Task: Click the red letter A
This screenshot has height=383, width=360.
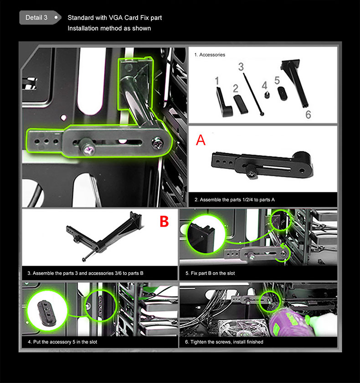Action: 201,140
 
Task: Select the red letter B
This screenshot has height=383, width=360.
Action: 164,221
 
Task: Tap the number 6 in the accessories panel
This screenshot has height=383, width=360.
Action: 308,114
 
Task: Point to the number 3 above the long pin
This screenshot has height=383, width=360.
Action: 241,67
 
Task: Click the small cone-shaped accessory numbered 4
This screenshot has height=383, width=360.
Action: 267,95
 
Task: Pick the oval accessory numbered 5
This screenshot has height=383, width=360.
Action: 283,93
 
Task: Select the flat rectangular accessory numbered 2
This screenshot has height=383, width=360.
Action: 241,104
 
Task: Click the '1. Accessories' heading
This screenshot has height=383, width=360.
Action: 210,55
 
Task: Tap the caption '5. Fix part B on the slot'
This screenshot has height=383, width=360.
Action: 210,273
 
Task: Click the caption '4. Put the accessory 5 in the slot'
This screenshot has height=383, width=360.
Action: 62,342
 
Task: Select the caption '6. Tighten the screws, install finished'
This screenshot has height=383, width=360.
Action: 224,342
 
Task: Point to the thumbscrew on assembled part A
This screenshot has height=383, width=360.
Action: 251,171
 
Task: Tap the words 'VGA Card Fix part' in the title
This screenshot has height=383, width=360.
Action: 135,18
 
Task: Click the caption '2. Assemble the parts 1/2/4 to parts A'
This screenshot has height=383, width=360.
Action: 235,200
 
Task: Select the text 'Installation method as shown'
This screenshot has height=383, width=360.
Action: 109,28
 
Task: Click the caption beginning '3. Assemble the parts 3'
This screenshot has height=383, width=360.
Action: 85,273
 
